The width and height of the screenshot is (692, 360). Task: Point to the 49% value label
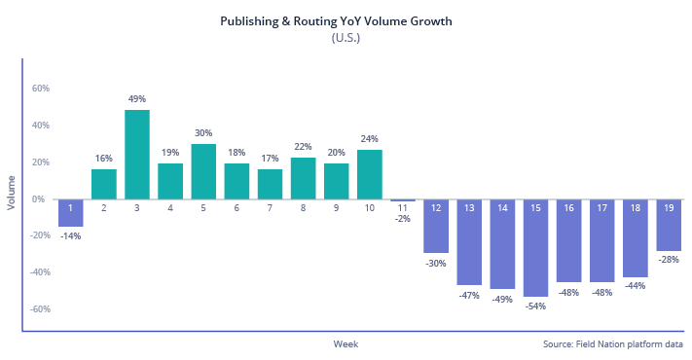pos(137,99)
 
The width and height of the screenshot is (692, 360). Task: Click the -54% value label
pos(535,306)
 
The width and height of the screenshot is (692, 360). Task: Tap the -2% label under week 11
pos(403,219)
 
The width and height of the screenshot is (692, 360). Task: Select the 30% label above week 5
pos(203,133)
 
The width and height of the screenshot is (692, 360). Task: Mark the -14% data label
pos(71,235)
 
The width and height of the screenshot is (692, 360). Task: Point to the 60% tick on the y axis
pos(41,89)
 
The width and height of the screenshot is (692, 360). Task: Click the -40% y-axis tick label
pos(39,272)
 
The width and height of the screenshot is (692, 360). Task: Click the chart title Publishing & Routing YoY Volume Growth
pos(346,20)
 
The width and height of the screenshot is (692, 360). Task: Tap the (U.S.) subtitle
pos(346,38)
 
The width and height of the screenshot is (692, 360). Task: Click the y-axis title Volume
pos(12,193)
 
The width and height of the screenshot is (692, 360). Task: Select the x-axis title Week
pos(346,344)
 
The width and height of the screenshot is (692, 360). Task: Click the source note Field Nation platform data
pos(613,344)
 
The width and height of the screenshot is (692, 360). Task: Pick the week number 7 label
pos(270,207)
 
